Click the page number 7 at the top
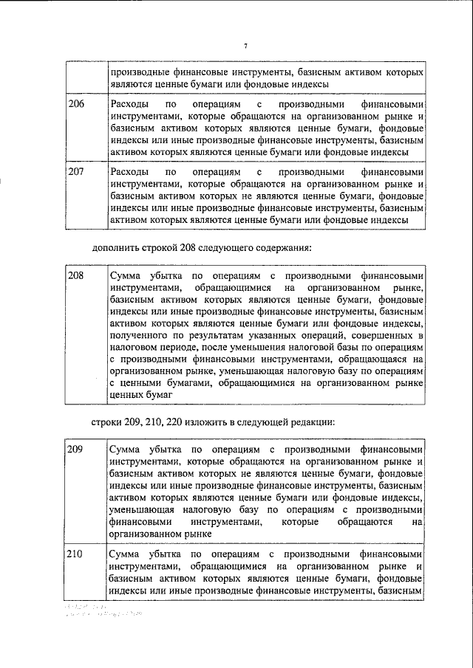point(245,47)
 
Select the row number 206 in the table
point(76,104)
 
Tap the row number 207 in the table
point(76,171)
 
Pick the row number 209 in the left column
point(76,449)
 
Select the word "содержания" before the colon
point(271,246)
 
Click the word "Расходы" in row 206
point(127,104)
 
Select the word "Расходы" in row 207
point(127,171)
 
